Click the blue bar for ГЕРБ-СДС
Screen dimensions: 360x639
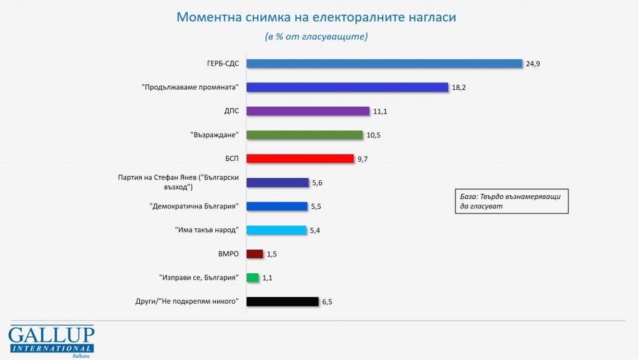384,64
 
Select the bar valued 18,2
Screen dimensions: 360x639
348,87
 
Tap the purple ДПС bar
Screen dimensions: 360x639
308,111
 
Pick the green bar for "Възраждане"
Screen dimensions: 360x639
305,135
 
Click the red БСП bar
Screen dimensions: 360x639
300,158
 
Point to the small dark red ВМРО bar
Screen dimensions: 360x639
255,253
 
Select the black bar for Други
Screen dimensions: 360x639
283,301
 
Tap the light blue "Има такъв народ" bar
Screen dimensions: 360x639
276,230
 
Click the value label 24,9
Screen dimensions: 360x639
532,64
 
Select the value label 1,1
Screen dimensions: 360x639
267,278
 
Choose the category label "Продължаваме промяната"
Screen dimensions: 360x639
190,87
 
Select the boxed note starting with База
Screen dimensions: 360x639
510,201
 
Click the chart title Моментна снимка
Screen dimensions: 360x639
316,17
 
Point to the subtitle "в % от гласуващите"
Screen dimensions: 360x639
316,37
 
